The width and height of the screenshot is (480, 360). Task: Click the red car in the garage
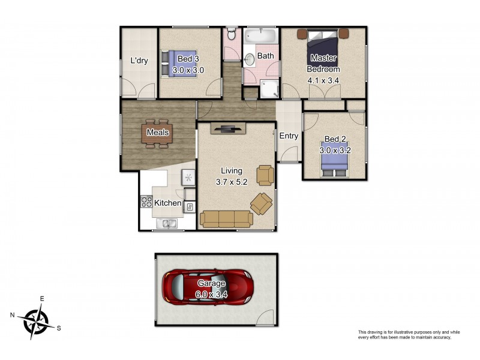pyautogui.click(x=208, y=287)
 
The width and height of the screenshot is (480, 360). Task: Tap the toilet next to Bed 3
pyautogui.click(x=232, y=34)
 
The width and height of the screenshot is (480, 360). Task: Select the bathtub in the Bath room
pyautogui.click(x=261, y=35)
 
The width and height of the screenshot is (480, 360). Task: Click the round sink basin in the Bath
pyautogui.click(x=250, y=59)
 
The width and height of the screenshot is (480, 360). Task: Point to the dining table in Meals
pyautogui.click(x=157, y=133)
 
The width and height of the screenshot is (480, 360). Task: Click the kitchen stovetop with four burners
pyautogui.click(x=146, y=202)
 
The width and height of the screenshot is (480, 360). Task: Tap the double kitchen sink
pyautogui.click(x=167, y=223)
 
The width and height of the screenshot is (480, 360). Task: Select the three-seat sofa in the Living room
pyautogui.click(x=226, y=219)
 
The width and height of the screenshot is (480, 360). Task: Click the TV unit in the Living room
pyautogui.click(x=229, y=128)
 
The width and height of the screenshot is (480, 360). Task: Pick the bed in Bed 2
pyautogui.click(x=334, y=159)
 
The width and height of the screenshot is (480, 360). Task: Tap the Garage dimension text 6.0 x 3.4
pyautogui.click(x=211, y=295)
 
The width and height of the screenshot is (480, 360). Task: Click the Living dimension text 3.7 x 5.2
pyautogui.click(x=232, y=182)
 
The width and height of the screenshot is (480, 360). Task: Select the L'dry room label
pyautogui.click(x=139, y=61)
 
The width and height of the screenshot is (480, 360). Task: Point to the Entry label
pyautogui.click(x=289, y=136)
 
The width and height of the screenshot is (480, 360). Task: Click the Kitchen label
pyautogui.click(x=168, y=203)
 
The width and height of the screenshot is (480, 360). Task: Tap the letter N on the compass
pyautogui.click(x=12, y=314)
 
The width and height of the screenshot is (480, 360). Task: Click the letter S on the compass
pyautogui.click(x=59, y=328)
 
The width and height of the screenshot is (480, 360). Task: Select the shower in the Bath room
pyautogui.click(x=269, y=89)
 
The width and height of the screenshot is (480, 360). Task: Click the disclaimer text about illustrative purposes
pyautogui.click(x=409, y=335)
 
